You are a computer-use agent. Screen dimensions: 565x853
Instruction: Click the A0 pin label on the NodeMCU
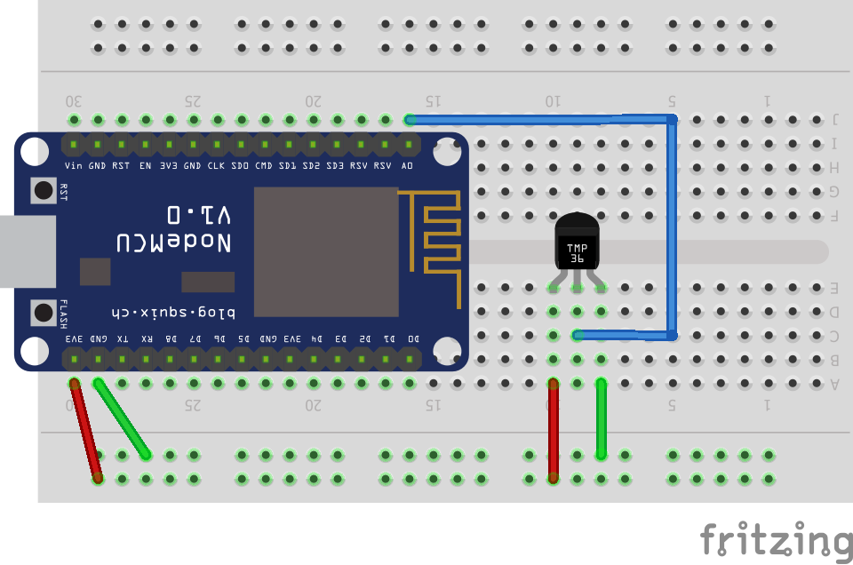pos(408,165)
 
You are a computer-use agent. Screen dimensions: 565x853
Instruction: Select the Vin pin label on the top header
pos(74,165)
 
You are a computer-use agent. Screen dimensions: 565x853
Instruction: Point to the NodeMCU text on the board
pos(174,242)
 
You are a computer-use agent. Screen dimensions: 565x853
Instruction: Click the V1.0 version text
pos(199,214)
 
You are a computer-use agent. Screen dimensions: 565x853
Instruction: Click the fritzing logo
pos(775,539)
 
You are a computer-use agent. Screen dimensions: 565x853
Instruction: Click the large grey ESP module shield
pos(326,251)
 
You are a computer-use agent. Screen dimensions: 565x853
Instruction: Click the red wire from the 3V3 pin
pos(86,431)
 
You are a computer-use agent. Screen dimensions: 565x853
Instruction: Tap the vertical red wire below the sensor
pos(554,431)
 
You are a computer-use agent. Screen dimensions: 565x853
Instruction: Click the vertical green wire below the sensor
pos(602,418)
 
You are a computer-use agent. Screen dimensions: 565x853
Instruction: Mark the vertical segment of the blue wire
pos(672,227)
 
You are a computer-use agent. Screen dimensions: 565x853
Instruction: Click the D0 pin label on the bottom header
pos(412,339)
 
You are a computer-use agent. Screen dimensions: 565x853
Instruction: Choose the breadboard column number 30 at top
pos(75,100)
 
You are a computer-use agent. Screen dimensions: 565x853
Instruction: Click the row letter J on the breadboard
pos(835,119)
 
